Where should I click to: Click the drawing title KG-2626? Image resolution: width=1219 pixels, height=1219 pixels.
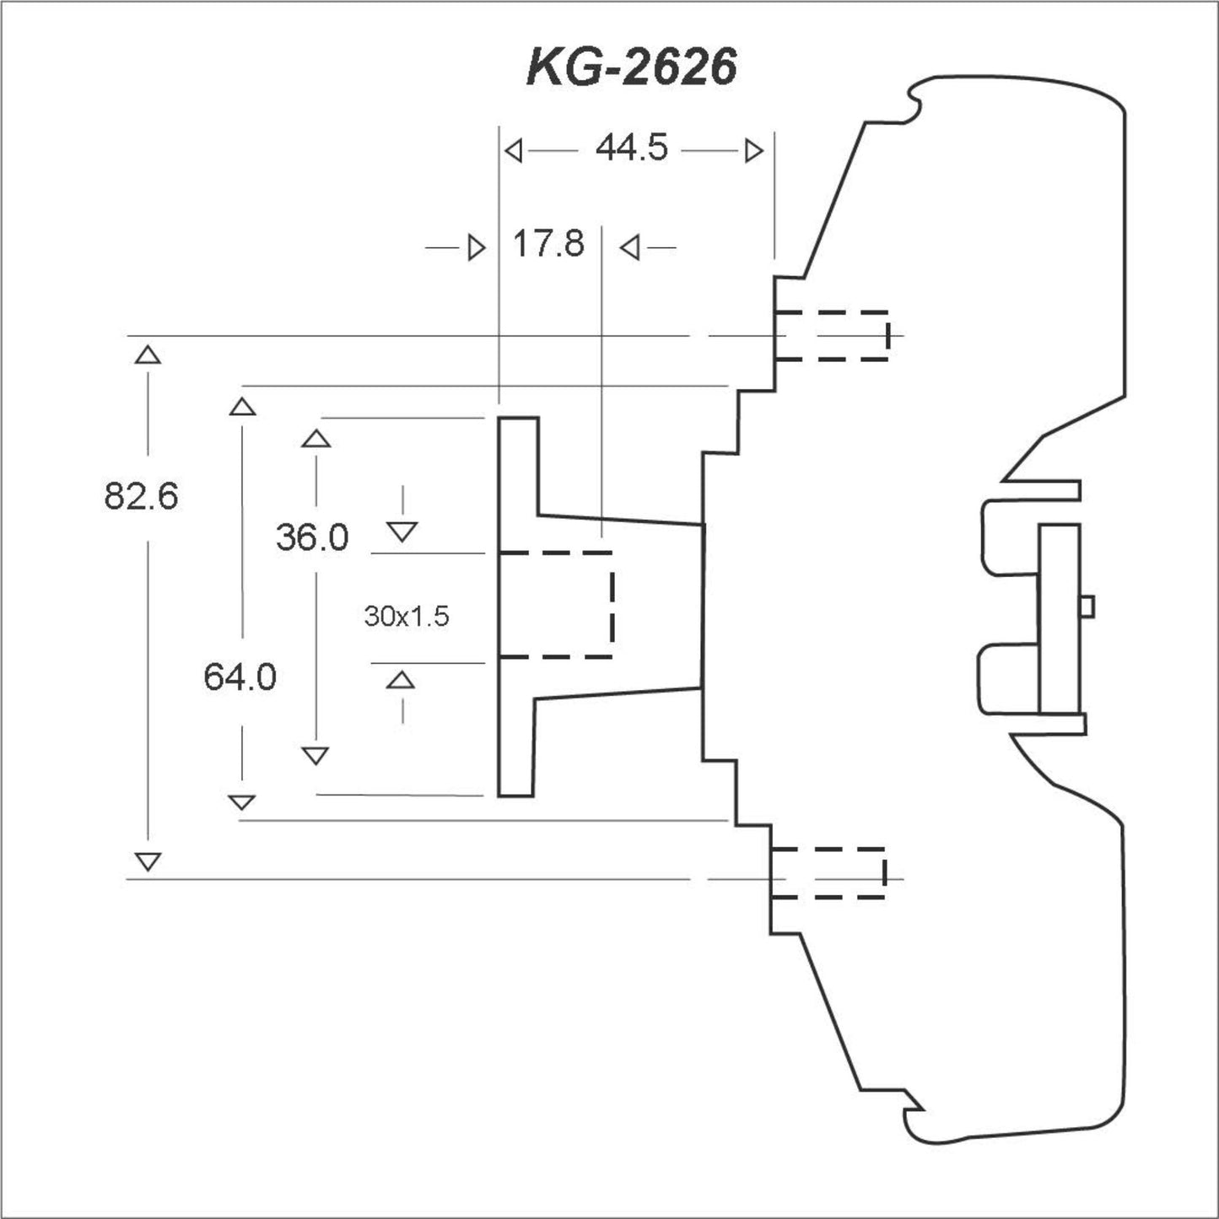click(x=631, y=67)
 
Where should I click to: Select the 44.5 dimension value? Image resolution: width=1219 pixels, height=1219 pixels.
click(x=631, y=149)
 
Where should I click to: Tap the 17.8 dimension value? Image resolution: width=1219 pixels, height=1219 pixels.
click(x=548, y=245)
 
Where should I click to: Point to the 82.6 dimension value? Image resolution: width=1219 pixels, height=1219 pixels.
click(x=141, y=496)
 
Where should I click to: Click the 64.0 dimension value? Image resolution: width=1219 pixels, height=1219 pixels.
click(x=240, y=677)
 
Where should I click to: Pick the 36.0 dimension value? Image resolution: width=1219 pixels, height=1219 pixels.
click(x=312, y=537)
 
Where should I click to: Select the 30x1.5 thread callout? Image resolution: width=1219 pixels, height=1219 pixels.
click(x=407, y=617)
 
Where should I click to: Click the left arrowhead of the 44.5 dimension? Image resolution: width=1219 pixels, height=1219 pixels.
click(x=513, y=151)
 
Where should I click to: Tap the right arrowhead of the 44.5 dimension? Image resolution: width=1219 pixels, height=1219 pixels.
click(x=754, y=151)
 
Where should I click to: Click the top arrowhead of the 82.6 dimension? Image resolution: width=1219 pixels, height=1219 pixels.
click(x=148, y=354)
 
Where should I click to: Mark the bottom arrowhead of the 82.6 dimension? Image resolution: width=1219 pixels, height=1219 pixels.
click(x=148, y=861)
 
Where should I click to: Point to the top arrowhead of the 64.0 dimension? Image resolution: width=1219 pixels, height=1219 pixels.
click(x=242, y=407)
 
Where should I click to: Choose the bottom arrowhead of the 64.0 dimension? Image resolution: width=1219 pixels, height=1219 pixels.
click(x=242, y=801)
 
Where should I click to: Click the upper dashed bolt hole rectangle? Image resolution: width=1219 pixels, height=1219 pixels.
click(x=831, y=336)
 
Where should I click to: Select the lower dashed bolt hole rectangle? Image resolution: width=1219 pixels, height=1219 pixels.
click(x=828, y=872)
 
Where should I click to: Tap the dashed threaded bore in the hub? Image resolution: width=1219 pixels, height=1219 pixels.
click(x=556, y=605)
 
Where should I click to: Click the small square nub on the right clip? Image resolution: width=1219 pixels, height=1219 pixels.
click(x=1087, y=606)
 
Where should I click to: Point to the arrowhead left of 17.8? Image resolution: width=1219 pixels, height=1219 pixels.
click(x=477, y=248)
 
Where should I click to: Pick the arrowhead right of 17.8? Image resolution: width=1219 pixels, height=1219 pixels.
click(x=629, y=248)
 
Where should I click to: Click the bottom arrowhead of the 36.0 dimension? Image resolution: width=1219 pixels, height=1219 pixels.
click(x=316, y=755)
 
